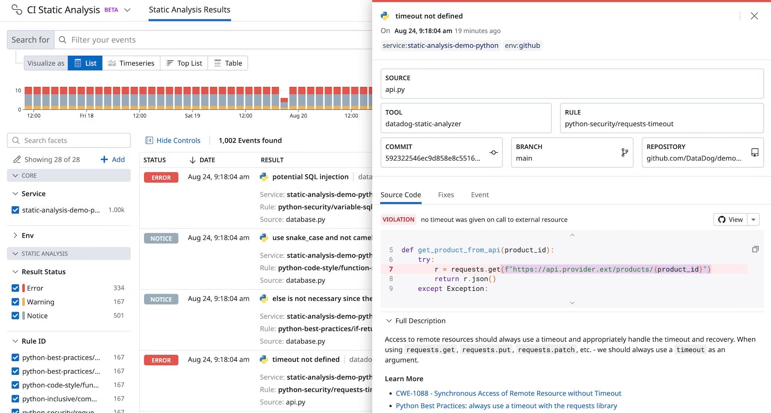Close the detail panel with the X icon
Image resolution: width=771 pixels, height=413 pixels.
coord(754,16)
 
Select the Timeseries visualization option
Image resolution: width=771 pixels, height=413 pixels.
coord(131,63)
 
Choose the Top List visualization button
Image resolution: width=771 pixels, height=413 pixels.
coord(184,63)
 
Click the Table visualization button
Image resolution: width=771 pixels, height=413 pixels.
coord(228,63)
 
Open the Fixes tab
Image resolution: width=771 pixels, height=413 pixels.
coord(446,195)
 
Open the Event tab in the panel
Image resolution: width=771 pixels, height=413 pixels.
coord(479,195)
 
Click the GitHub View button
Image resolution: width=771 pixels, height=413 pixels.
coord(730,220)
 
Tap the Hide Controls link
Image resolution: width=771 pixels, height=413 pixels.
coord(173,140)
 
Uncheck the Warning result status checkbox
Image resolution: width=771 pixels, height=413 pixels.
coord(15,302)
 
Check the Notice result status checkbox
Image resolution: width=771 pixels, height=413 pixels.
coord(15,316)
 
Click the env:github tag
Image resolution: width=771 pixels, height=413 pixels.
coord(522,45)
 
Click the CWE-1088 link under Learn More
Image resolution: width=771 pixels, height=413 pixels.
coord(508,393)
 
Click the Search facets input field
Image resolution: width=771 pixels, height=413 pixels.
coord(73,140)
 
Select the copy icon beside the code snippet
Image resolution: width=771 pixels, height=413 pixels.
coord(755,250)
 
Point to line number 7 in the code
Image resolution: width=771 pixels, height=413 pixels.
coord(391,269)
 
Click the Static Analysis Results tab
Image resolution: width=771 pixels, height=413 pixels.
coord(190,10)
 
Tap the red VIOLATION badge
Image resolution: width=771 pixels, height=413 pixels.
coord(398,220)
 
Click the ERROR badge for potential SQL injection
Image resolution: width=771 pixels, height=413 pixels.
coord(161,178)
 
